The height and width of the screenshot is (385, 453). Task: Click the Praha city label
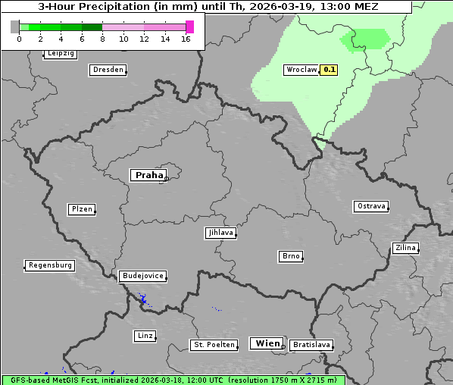148,175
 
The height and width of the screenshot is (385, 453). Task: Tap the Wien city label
267,343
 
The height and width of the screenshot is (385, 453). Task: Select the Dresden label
107,70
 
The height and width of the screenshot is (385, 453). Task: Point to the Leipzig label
61,54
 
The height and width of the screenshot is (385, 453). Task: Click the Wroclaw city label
301,70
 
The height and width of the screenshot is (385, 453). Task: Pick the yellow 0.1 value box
330,70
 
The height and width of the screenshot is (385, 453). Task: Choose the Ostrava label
371,206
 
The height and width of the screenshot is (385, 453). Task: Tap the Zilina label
405,248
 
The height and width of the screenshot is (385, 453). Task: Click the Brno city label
291,256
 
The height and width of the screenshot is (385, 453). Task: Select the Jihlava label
220,233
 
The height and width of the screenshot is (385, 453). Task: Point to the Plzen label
81,209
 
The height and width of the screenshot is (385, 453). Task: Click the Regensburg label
50,265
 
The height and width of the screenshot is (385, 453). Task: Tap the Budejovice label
142,276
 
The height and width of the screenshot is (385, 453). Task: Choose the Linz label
145,336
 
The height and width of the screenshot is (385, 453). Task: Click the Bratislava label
311,345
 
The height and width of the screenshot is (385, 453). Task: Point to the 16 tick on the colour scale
186,38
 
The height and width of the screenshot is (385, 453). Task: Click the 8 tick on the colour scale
102,38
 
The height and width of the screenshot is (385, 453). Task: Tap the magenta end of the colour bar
189,27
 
